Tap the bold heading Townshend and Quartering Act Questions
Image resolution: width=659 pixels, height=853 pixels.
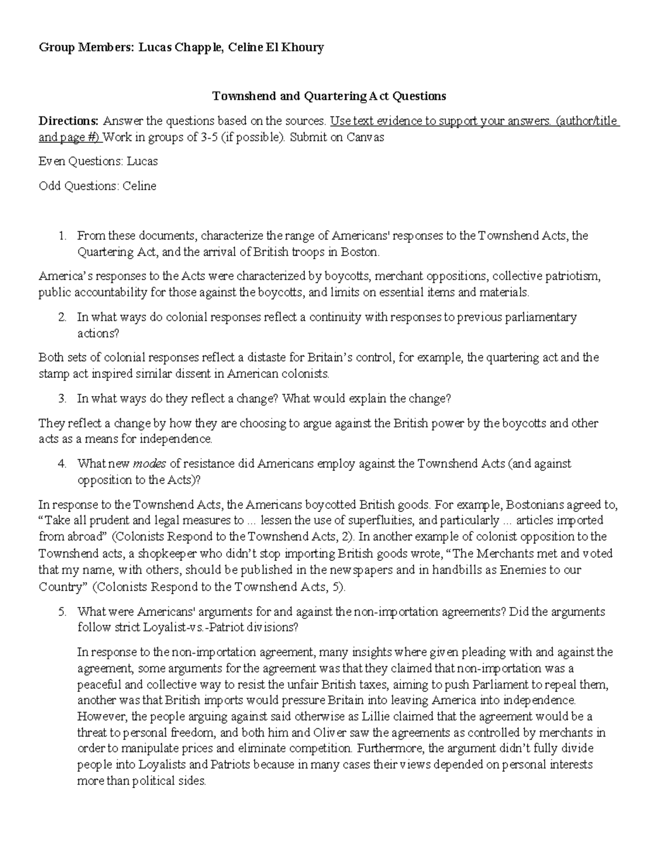click(x=329, y=96)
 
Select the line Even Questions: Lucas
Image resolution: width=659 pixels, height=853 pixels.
click(x=98, y=161)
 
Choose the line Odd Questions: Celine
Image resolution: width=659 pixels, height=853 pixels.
click(x=97, y=186)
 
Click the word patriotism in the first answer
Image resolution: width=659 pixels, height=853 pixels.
click(x=574, y=276)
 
